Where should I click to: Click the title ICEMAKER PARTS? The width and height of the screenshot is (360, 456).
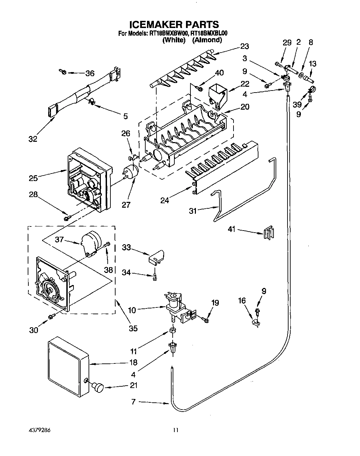174,24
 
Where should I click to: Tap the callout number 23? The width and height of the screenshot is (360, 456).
244,46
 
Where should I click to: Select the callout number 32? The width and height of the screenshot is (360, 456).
33,139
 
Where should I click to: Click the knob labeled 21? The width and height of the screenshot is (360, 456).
98,387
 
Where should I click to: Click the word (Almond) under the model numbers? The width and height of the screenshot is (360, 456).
207,40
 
